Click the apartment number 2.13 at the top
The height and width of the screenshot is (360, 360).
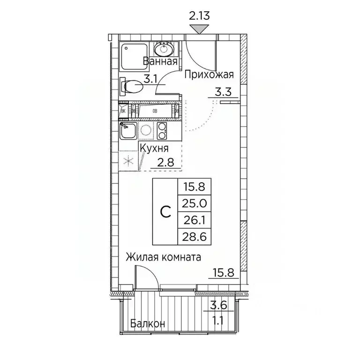(x=199, y=16)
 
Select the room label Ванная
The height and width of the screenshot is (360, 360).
(x=160, y=61)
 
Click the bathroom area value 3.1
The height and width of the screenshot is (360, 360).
(x=150, y=79)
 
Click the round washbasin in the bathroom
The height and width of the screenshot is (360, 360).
(x=165, y=49)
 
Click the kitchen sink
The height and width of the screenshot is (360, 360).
(x=127, y=132)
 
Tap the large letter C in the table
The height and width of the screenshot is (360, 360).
(x=165, y=212)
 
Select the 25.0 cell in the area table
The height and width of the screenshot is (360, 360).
(x=195, y=204)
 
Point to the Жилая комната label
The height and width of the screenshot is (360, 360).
(x=163, y=257)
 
